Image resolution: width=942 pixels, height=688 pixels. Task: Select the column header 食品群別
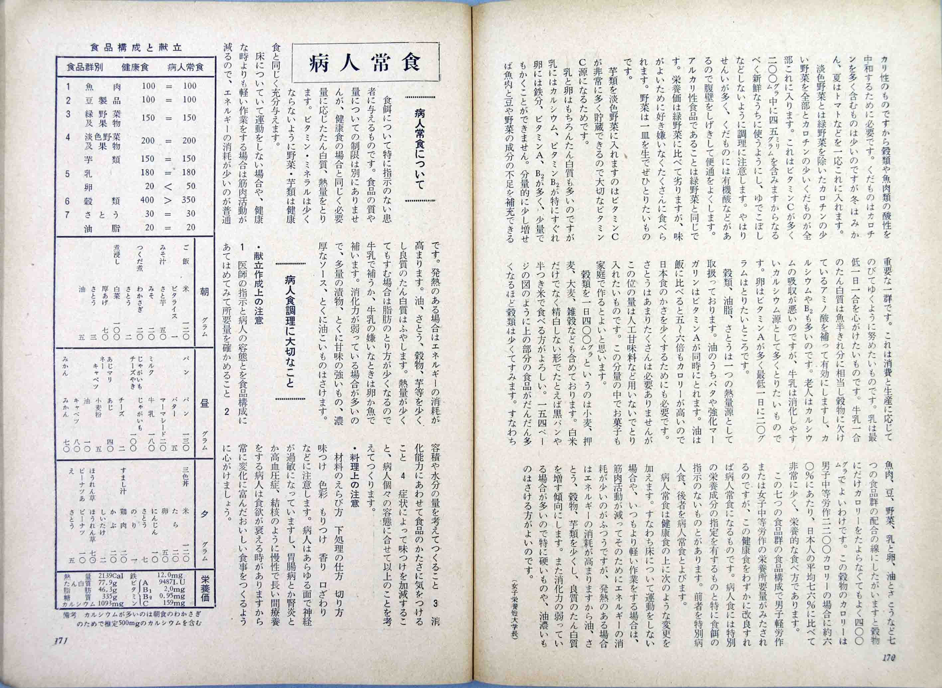coord(85,67)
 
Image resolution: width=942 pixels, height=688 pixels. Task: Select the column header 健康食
coord(135,67)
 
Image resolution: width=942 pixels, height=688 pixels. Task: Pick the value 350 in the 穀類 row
coord(188,200)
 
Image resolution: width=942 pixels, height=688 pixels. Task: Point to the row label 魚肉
coord(102,86)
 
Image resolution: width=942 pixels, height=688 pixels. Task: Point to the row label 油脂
coord(102,228)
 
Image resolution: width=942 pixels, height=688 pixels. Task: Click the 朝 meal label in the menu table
coord(204,291)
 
